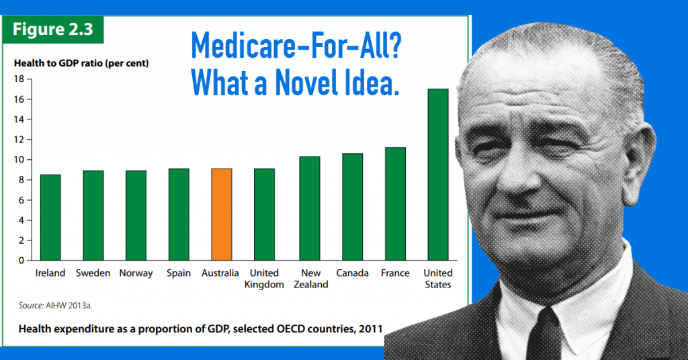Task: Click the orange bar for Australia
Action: click(x=221, y=214)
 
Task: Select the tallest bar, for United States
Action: click(x=438, y=175)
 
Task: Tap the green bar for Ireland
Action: click(x=50, y=217)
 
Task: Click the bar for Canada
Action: click(x=352, y=207)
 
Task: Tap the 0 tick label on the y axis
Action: click(x=21, y=260)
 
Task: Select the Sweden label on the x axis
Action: click(x=93, y=273)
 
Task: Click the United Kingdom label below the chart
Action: click(x=265, y=279)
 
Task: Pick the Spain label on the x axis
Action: click(x=178, y=273)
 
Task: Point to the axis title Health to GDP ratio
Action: click(x=81, y=64)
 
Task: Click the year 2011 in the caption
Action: click(x=370, y=329)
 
